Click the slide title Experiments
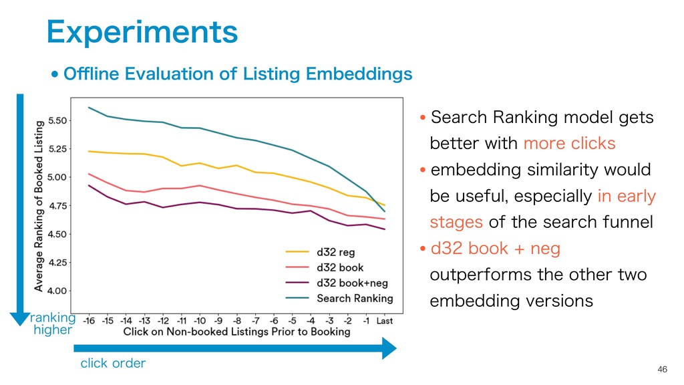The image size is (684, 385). [142, 31]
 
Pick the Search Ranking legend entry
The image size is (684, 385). [354, 298]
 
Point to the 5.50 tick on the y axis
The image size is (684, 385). [56, 121]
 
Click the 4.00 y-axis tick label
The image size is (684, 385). [56, 291]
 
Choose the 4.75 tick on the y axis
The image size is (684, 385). [56, 206]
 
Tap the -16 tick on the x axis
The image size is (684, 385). [90, 320]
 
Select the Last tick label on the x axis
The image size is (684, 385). [384, 320]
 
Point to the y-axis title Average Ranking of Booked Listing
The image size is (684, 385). [39, 205]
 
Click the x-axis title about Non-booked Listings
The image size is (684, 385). [236, 332]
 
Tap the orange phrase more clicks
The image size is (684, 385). [569, 144]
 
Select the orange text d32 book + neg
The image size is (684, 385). [495, 249]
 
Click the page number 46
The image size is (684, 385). [662, 370]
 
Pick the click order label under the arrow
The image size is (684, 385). [113, 364]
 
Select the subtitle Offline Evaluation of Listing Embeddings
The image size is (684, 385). [237, 74]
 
